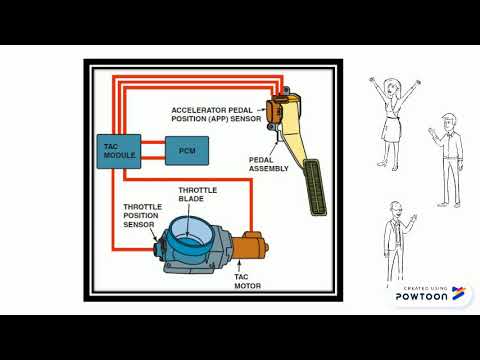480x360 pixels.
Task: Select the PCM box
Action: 186,150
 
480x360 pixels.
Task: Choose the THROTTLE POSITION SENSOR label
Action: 129,217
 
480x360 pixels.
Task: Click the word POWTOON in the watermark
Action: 416,297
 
